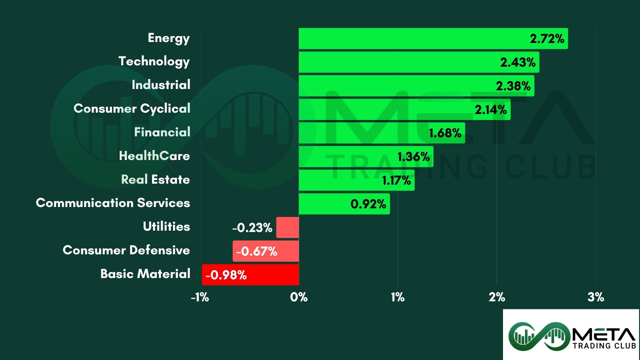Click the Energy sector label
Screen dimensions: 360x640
pos(169,38)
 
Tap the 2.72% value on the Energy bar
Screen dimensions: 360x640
pos(547,39)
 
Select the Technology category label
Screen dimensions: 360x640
pos(154,62)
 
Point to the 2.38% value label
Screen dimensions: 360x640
pos(513,86)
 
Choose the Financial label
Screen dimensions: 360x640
pos(162,132)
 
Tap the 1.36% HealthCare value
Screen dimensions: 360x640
pos(413,157)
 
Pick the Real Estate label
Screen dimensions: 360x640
pos(155,179)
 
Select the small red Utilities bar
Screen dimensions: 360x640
pos(287,228)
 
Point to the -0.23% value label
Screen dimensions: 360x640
pos(252,228)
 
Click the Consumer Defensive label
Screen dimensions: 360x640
pos(126,250)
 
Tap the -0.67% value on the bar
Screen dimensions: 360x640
pos(257,251)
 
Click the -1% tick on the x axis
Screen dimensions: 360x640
pos(200,297)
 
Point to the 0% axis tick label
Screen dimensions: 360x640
pos(299,297)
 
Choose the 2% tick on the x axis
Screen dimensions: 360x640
pos(497,297)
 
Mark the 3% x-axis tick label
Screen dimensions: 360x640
pos(596,297)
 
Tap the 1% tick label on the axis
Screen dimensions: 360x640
pos(398,297)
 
